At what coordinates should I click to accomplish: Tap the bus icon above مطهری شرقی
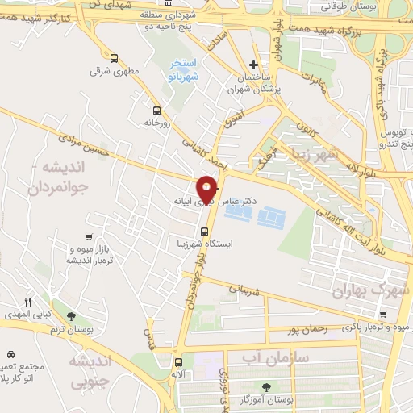point(114,58)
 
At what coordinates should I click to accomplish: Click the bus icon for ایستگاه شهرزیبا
point(204,232)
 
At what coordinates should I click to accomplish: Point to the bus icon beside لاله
point(180,362)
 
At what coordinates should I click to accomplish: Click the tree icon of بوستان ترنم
point(71,316)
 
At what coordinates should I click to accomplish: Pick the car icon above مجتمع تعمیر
point(11,354)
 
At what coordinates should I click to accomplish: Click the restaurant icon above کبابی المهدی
point(27,302)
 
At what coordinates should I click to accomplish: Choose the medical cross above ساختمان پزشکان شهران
point(254,65)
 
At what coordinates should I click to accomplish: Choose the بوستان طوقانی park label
point(344,6)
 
